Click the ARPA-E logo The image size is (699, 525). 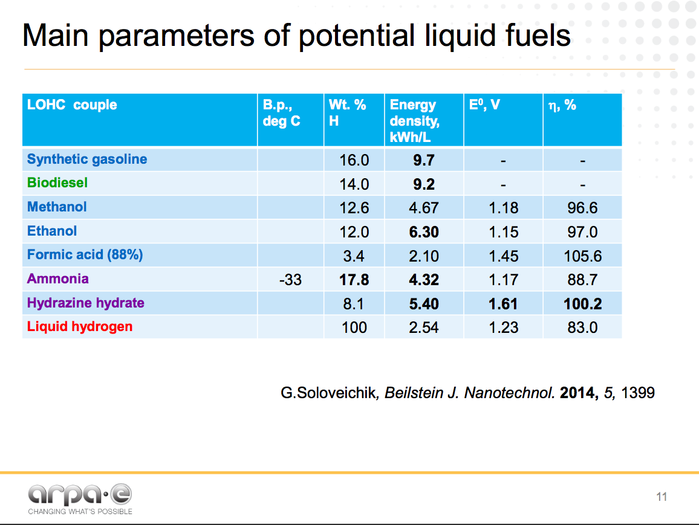[80, 497]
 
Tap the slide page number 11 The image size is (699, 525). [661, 497]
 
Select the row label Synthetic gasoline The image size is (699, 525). [87, 159]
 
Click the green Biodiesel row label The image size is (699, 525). [57, 183]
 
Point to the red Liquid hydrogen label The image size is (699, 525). [80, 327]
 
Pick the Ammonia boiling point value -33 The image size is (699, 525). [290, 280]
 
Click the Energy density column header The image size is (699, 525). [415, 121]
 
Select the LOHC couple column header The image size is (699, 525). [72, 105]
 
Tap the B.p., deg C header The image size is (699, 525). [282, 113]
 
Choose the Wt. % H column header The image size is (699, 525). [348, 113]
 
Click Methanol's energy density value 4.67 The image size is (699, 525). [423, 208]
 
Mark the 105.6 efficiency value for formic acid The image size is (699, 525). [582, 256]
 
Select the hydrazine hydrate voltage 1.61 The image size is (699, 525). [503, 304]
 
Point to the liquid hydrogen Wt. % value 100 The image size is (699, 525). [354, 327]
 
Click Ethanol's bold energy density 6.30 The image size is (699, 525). [423, 232]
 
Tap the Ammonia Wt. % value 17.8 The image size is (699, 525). [354, 280]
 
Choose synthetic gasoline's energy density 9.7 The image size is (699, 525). [423, 160]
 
